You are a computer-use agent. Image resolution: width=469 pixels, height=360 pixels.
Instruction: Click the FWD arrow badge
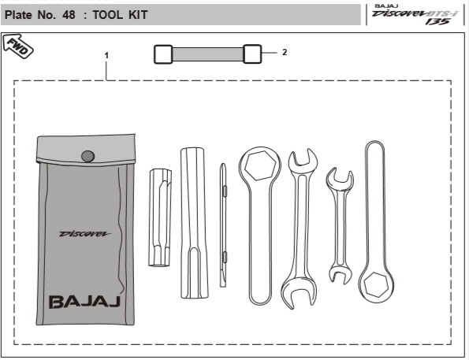click(x=17, y=46)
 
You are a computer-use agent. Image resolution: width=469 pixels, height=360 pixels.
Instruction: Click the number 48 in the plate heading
click(x=69, y=15)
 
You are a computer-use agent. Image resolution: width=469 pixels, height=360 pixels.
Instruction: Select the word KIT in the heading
click(x=138, y=15)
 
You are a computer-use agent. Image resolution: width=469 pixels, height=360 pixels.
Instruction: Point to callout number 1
click(x=106, y=55)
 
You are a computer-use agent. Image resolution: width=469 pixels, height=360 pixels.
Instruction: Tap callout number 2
click(x=285, y=52)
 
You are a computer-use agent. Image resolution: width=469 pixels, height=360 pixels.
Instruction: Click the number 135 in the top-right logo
click(x=437, y=21)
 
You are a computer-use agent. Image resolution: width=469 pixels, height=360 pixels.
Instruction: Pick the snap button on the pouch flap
click(x=88, y=156)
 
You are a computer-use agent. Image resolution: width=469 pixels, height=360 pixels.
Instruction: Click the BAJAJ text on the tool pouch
click(x=84, y=302)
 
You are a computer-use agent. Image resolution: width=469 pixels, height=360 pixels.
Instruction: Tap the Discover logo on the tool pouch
click(x=85, y=233)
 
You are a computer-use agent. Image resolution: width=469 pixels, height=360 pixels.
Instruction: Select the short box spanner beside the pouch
click(x=160, y=217)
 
